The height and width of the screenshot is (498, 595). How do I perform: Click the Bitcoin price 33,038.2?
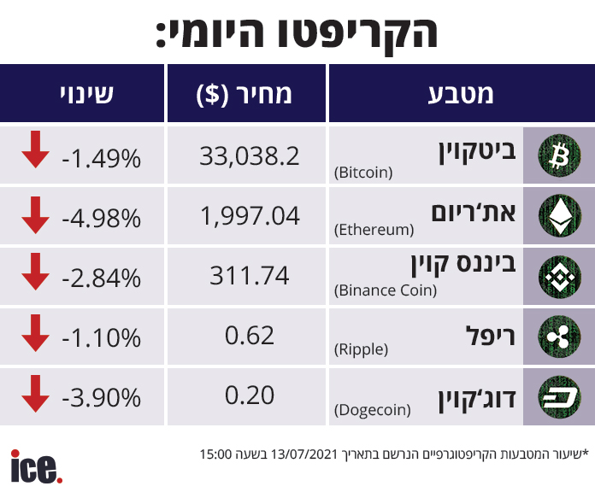tap(249, 155)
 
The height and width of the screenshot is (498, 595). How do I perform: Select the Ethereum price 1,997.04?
tap(249, 216)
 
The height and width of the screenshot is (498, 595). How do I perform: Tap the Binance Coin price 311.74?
tap(249, 276)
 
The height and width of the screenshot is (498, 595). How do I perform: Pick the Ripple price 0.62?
tap(249, 337)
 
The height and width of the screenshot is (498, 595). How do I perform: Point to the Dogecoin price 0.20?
tap(249, 396)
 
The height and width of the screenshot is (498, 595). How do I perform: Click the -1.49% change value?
tap(101, 157)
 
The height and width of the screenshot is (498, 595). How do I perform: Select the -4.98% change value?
tap(101, 218)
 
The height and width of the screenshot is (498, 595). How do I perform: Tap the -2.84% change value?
tap(101, 278)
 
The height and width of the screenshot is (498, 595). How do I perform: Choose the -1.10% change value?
tap(101, 338)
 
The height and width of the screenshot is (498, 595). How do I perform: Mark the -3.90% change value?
tap(101, 398)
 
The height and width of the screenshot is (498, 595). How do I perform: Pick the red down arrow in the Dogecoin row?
tap(35, 391)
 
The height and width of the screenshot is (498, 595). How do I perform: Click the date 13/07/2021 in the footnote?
tap(308, 454)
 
